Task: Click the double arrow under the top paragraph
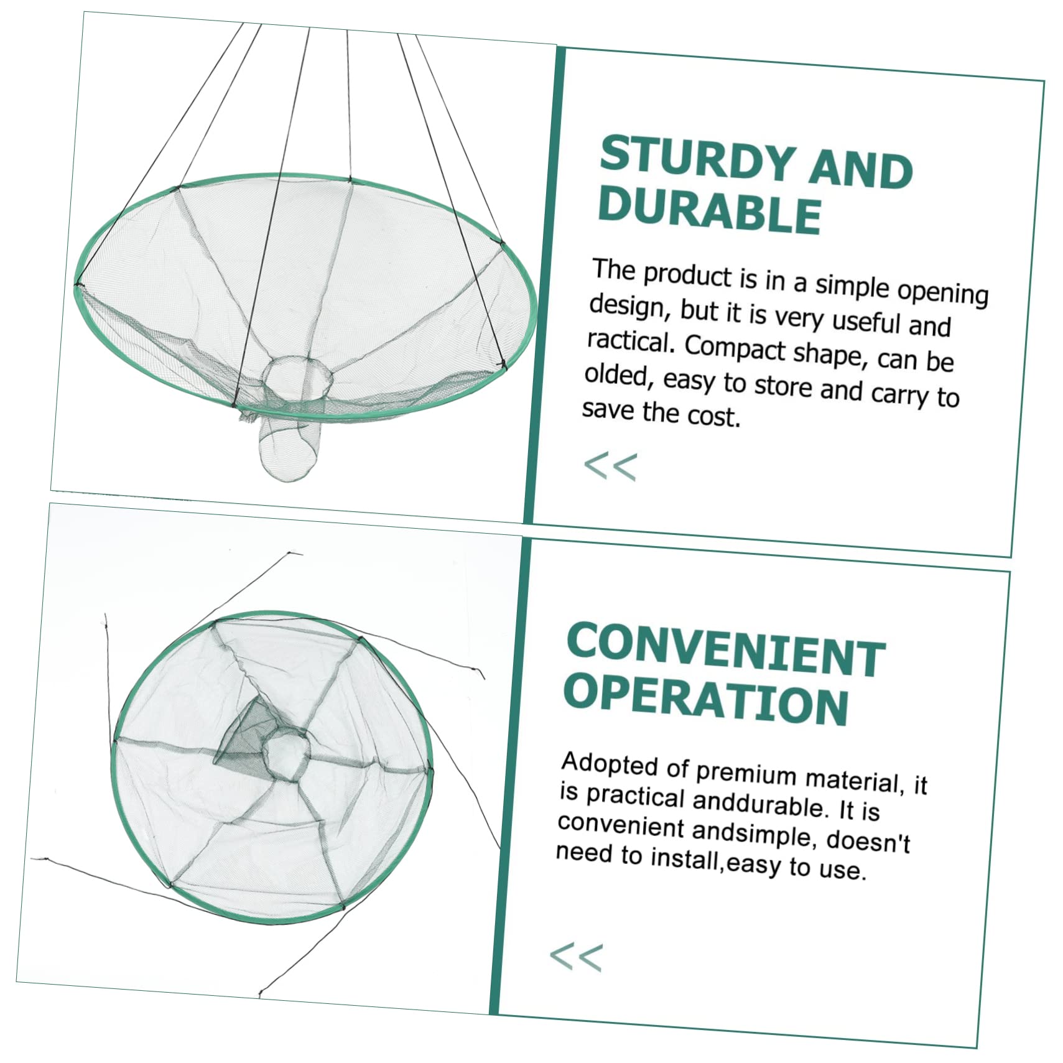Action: coord(611,467)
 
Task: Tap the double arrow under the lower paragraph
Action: coord(576,957)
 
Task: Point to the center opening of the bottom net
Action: coord(285,754)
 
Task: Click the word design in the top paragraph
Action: coord(629,307)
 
